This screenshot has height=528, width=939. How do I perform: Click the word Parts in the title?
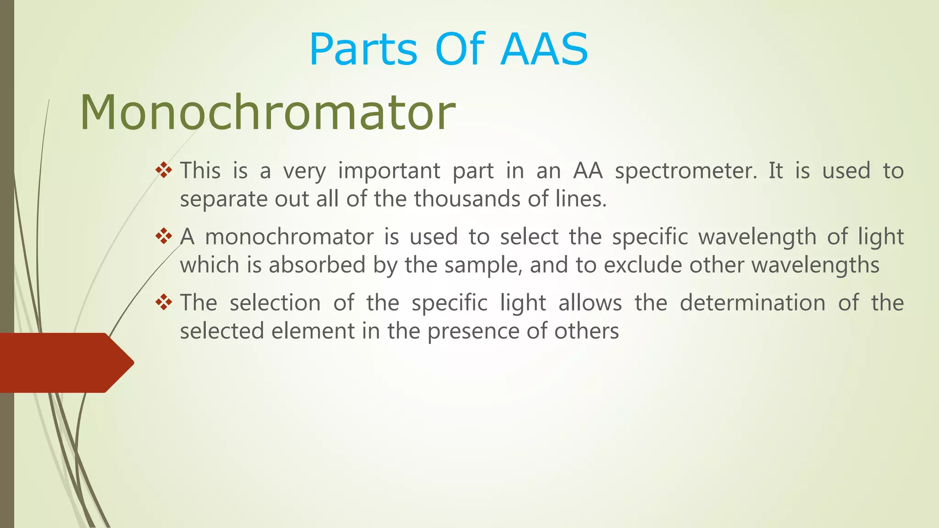click(363, 49)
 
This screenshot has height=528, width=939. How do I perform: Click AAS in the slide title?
click(544, 49)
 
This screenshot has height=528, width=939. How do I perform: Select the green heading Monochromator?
click(267, 113)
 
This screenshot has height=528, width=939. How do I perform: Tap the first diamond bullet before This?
click(164, 170)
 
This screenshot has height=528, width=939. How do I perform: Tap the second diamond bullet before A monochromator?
click(164, 236)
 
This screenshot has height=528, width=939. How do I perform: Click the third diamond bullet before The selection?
click(164, 302)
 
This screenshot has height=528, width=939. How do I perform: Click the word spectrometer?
click(686, 171)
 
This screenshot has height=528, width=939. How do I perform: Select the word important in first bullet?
click(389, 171)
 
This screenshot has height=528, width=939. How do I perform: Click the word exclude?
click(643, 265)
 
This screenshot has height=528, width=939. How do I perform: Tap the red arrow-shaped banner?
click(64, 363)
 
